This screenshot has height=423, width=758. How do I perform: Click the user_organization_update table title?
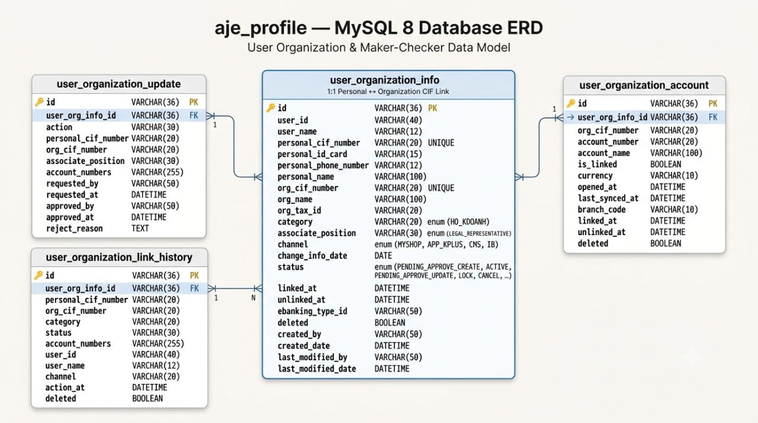[118, 84]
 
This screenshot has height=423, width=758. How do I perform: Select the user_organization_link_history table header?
[119, 257]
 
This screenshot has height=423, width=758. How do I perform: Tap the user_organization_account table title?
[644, 85]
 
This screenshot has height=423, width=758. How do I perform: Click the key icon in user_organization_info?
[271, 108]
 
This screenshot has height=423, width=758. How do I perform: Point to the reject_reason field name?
[75, 229]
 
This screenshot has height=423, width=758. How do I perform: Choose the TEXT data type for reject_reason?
[140, 229]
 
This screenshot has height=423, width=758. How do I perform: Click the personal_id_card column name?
[312, 154]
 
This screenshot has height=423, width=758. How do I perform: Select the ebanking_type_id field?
[312, 312]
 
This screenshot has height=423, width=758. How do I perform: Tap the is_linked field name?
[598, 165]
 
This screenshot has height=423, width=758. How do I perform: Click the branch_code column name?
[602, 210]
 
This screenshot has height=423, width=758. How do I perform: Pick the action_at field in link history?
[65, 387]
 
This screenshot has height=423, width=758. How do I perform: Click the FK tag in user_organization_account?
[713, 117]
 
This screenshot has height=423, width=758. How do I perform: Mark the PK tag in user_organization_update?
[194, 102]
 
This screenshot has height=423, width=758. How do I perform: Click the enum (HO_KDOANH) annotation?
[458, 222]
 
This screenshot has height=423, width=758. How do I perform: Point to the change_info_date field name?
[312, 256]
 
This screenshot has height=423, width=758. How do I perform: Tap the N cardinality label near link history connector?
[253, 298]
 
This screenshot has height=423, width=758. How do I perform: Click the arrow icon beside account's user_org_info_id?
[570, 117]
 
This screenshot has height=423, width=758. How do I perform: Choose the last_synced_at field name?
[608, 198]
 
